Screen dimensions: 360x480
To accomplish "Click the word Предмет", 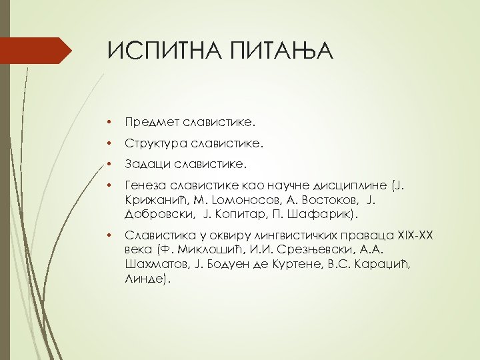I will [150, 123].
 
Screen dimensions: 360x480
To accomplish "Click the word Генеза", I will [147, 184].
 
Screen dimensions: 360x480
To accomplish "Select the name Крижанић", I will [155, 199].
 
